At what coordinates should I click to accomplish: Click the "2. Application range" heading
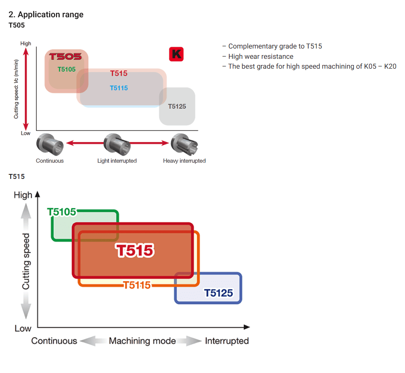click(x=46, y=14)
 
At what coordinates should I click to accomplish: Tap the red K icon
click(x=176, y=54)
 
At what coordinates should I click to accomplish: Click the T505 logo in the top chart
click(x=65, y=56)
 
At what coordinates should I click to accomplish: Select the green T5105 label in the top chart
click(x=67, y=69)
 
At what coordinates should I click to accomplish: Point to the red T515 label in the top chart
click(x=119, y=74)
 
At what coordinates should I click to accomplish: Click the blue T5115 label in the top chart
click(x=119, y=88)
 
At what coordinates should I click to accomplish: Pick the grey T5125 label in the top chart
click(x=177, y=107)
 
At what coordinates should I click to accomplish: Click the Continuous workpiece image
click(x=49, y=144)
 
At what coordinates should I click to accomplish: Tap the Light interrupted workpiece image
click(x=117, y=144)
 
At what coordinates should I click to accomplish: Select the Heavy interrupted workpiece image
click(x=184, y=144)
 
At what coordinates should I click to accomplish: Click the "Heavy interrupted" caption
click(x=184, y=161)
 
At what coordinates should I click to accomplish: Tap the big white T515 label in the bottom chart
click(x=135, y=251)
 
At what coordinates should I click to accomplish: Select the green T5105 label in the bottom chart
click(x=62, y=212)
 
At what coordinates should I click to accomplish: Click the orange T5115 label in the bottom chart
click(x=137, y=285)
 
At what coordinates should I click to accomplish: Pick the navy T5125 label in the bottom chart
click(x=219, y=293)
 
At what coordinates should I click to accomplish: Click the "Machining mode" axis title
click(x=142, y=341)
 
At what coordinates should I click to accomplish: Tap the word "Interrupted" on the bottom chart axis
click(x=227, y=341)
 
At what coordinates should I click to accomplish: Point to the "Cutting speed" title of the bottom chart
click(x=26, y=262)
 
